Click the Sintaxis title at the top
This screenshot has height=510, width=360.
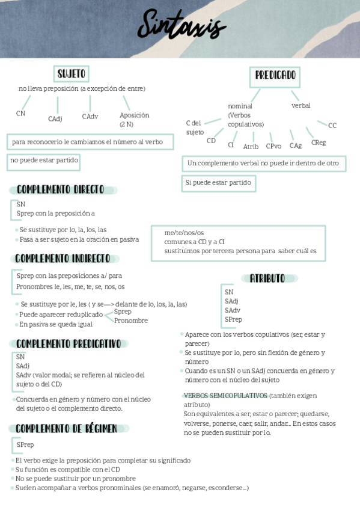click(x=181, y=27)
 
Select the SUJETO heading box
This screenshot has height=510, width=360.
click(x=71, y=74)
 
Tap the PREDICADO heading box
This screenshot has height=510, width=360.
click(x=275, y=76)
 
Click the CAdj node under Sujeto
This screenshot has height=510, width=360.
click(x=55, y=118)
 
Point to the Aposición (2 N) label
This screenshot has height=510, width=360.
click(x=134, y=119)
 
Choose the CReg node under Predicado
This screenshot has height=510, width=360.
click(x=319, y=143)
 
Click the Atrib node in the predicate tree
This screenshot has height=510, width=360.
click(x=251, y=146)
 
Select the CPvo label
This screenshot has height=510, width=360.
click(x=273, y=146)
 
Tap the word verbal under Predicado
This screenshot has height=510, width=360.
click(x=301, y=105)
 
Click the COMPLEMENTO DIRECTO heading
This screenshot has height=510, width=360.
click(x=61, y=189)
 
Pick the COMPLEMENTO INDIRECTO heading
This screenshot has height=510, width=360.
click(x=63, y=259)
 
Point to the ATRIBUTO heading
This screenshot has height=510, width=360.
click(x=267, y=278)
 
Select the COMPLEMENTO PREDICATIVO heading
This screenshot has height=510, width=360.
click(x=69, y=343)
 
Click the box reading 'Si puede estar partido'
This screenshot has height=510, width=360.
click(x=218, y=183)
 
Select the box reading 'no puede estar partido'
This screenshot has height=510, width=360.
click(x=44, y=161)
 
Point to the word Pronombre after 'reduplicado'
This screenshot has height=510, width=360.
click(x=131, y=321)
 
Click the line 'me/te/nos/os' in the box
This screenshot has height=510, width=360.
click(x=185, y=233)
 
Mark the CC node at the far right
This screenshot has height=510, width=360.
click(x=332, y=125)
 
